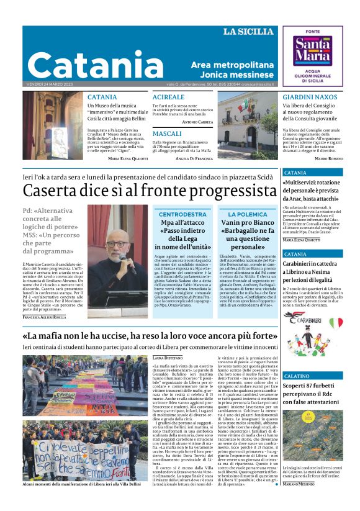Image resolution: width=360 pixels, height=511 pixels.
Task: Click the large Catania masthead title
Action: [x=96, y=64]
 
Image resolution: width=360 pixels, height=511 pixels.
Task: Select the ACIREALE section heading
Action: [x=168, y=97]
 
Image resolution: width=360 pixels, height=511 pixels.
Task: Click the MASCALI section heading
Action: [x=167, y=133]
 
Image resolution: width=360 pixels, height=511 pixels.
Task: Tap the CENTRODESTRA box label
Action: [x=182, y=214]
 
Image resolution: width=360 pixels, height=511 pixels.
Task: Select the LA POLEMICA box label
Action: [x=243, y=214]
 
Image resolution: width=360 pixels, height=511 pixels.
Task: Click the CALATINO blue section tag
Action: [x=297, y=376]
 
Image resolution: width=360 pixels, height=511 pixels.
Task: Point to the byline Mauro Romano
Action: [x=328, y=159]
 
